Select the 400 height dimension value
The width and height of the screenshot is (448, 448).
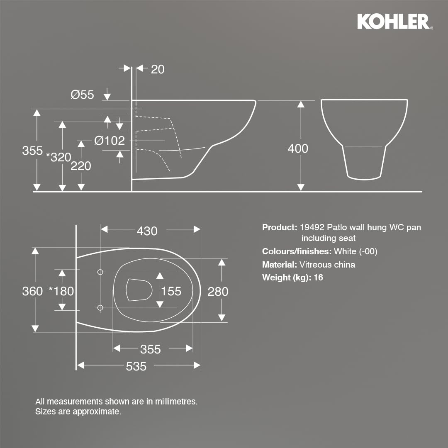pyautogui.click(x=298, y=149)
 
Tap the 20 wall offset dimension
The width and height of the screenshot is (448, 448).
pyautogui.click(x=158, y=69)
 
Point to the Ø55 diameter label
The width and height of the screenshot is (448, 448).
pyautogui.click(x=82, y=95)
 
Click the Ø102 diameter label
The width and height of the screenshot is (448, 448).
pyautogui.click(x=109, y=141)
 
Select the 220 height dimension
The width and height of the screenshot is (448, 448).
pyautogui.click(x=80, y=166)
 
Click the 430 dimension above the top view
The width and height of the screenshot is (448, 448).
pyautogui.click(x=147, y=231)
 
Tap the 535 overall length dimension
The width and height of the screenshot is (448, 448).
pyautogui.click(x=136, y=366)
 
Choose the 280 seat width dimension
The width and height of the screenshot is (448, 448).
pyautogui.click(x=218, y=292)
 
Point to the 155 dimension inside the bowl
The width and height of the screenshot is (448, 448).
pyautogui.click(x=171, y=291)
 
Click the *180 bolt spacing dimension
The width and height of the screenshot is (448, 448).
pyautogui.click(x=61, y=291)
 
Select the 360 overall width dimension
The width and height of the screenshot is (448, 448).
pyautogui.click(x=32, y=291)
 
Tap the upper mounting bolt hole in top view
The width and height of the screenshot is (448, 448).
pyautogui.click(x=100, y=272)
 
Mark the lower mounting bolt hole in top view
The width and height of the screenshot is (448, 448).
pyautogui.click(x=100, y=307)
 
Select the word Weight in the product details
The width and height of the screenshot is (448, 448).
pyautogui.click(x=275, y=278)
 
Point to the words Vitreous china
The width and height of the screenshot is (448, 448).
pyautogui.click(x=327, y=265)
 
